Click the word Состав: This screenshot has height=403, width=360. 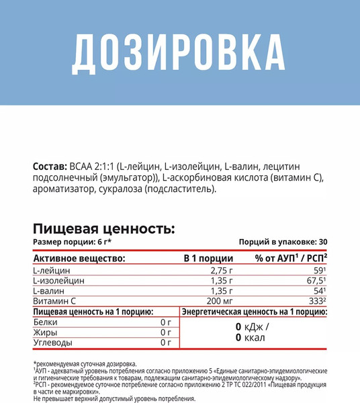coord(49,166)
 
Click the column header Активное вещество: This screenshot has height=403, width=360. coord(79,257)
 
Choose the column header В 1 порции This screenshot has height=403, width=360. coord(208,257)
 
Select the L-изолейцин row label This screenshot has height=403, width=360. coord(60,280)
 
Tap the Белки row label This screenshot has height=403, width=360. coord(46,322)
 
